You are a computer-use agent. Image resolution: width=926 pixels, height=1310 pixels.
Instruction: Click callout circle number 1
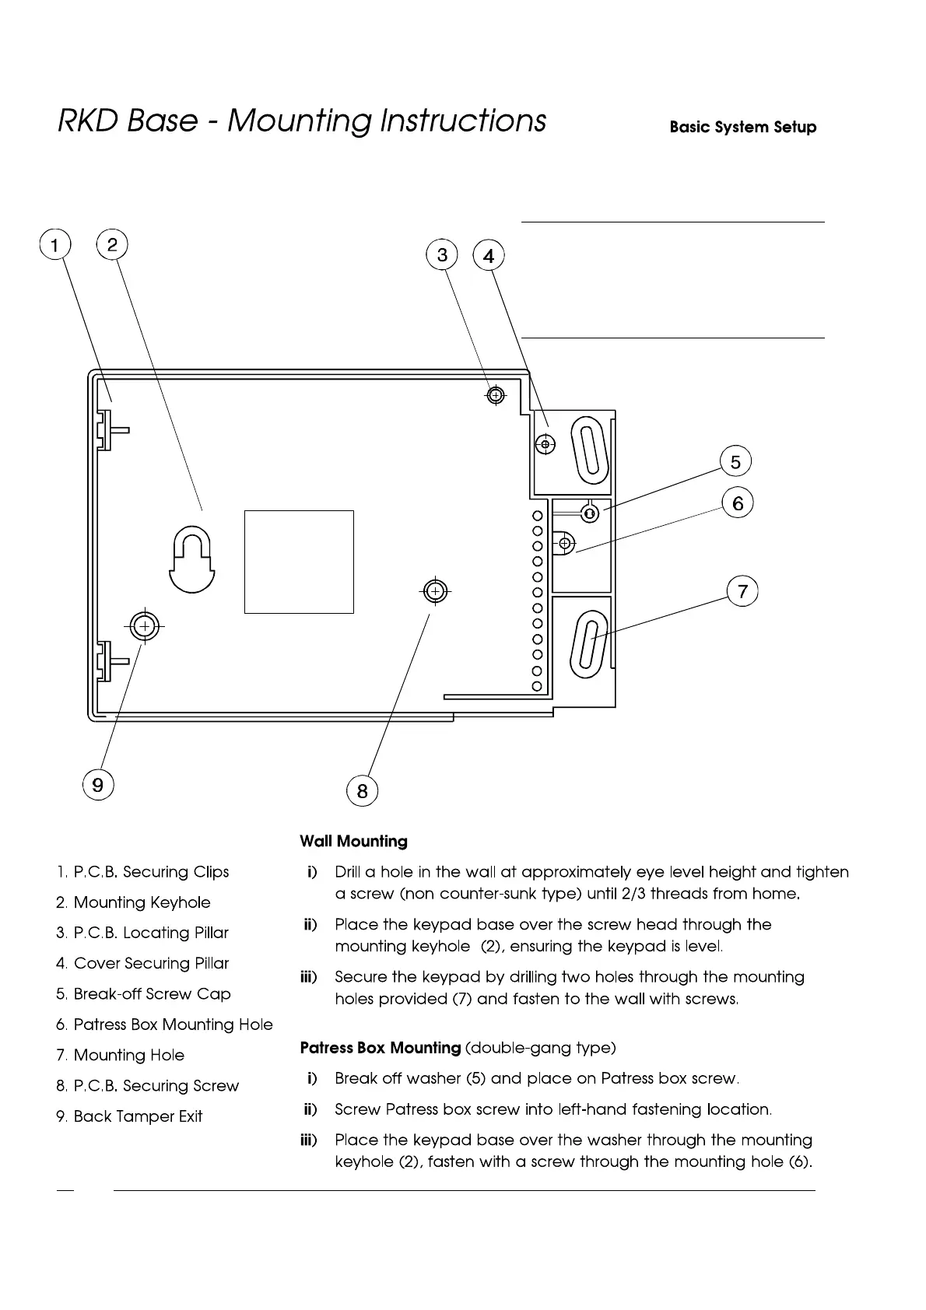point(54,245)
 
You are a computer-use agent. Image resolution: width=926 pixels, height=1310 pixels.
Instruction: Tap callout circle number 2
point(112,245)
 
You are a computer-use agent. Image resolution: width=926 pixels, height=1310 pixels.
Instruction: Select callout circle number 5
point(735,462)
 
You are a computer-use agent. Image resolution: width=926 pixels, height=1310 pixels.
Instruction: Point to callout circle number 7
point(742,591)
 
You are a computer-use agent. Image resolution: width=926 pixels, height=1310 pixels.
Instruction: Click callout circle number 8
point(362,791)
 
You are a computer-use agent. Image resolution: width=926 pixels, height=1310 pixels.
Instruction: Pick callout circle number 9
point(98,784)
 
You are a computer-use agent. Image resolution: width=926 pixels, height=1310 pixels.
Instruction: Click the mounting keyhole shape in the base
point(192,559)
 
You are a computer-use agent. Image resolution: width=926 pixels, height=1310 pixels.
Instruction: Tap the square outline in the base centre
point(299,562)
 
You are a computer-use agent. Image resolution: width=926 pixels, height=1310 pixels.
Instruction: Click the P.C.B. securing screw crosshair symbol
point(435,592)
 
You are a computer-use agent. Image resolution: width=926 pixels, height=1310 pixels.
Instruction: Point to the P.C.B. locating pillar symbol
point(495,395)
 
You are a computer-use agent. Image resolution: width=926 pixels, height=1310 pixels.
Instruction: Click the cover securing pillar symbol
point(545,445)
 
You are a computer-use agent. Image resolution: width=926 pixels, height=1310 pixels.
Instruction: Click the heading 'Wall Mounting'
point(353,841)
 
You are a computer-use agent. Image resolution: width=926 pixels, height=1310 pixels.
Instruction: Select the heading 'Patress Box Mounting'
point(381,1048)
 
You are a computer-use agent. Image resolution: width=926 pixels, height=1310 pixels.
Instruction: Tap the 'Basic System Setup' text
point(742,127)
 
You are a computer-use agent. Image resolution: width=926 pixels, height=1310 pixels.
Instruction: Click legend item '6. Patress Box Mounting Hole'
point(164,1025)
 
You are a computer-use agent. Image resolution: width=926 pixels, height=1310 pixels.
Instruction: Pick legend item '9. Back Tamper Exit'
point(129,1116)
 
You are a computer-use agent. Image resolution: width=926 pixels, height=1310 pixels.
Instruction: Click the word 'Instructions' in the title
point(463,121)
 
